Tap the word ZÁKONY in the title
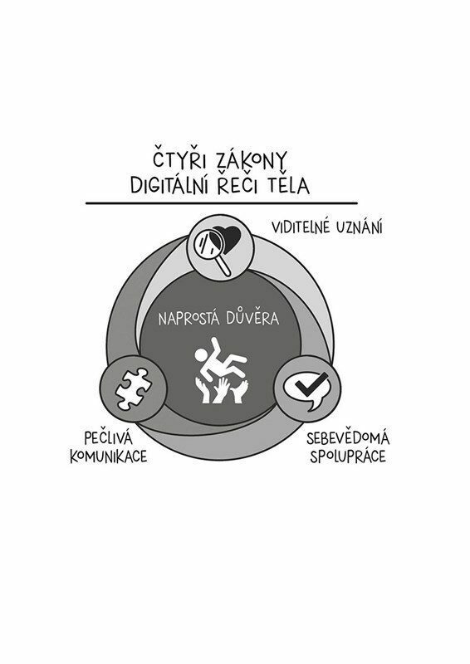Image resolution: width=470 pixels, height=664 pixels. tap(252, 159)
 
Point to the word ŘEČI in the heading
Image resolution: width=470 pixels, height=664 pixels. tap(237, 184)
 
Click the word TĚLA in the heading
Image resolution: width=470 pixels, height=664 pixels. tap(289, 184)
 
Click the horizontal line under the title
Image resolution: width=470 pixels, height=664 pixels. tap(222, 203)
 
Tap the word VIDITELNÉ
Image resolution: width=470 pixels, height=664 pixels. tap(301, 227)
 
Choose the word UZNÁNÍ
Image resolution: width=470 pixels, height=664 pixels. tap(360, 227)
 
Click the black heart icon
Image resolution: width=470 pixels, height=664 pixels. tap(227, 239)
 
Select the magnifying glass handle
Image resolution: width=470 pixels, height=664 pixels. tap(223, 266)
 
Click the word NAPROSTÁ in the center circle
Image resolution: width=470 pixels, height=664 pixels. tap(189, 319)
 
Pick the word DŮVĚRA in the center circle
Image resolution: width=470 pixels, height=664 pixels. tap(252, 318)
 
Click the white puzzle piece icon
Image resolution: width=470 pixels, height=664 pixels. tap(133, 388)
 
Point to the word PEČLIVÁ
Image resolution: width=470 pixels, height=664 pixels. tap(109, 437)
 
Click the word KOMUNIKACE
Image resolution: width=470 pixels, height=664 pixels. tap(109, 456)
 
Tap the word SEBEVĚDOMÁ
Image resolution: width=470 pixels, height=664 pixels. tap(348, 438)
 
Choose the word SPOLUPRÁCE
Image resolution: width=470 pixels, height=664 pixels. tap(348, 456)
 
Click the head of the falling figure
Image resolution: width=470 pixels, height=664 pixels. tap(201, 355)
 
